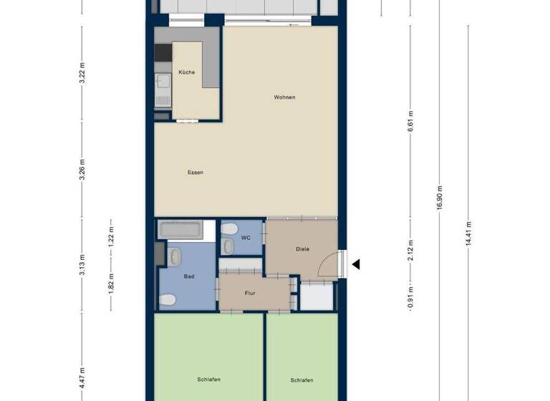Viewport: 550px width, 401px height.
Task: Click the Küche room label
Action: pos(186,72)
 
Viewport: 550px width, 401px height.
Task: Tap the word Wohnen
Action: pos(284,97)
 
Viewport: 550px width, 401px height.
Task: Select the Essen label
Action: pos(195,173)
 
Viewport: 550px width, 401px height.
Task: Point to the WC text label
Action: pos(246,237)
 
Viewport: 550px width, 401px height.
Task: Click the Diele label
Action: pos(302,249)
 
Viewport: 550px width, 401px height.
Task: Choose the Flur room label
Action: pos(250,293)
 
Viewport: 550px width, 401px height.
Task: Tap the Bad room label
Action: pos(189,276)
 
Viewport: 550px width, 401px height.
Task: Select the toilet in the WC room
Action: pos(230,229)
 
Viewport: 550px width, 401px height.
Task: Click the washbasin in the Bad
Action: pos(175,255)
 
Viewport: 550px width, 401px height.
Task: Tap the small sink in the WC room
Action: pos(228,247)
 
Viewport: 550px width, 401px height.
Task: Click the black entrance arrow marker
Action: pos(355,264)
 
